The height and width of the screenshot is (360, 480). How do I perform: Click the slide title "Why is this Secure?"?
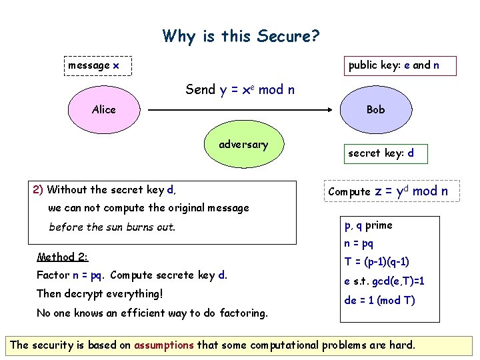coord(241,35)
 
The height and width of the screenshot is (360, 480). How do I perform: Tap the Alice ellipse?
coord(103,110)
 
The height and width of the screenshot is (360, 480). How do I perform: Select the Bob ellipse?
coord(375,110)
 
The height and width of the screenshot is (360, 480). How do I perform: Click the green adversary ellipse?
coord(243,145)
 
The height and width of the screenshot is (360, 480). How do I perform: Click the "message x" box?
coord(94,65)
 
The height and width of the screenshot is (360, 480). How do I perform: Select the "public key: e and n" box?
coord(393,65)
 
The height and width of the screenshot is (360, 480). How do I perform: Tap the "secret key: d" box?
coord(381,153)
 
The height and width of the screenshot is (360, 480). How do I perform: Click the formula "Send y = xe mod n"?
coord(240,89)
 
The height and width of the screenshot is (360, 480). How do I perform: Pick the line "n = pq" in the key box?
coord(359,244)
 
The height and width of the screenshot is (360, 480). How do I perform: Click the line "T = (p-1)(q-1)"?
coord(377,262)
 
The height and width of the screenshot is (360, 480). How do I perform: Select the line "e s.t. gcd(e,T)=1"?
coord(384,281)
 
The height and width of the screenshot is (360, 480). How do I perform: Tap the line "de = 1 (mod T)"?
coord(379,300)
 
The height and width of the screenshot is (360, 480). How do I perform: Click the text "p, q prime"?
coord(368,225)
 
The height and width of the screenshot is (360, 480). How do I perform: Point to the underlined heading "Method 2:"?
coord(63,257)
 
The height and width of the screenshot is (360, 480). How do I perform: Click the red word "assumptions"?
coord(163,345)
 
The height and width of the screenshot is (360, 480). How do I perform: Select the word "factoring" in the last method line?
coord(244,313)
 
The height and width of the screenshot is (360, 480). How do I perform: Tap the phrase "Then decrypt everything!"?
coord(100,293)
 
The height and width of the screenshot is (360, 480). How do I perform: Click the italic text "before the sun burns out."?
coord(112,227)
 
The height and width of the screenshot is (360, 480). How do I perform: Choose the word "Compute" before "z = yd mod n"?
coord(349,192)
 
